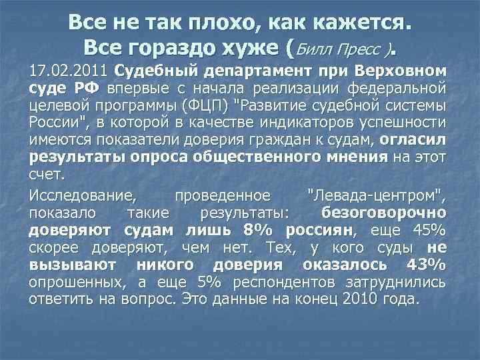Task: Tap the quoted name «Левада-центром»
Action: [377, 196]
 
